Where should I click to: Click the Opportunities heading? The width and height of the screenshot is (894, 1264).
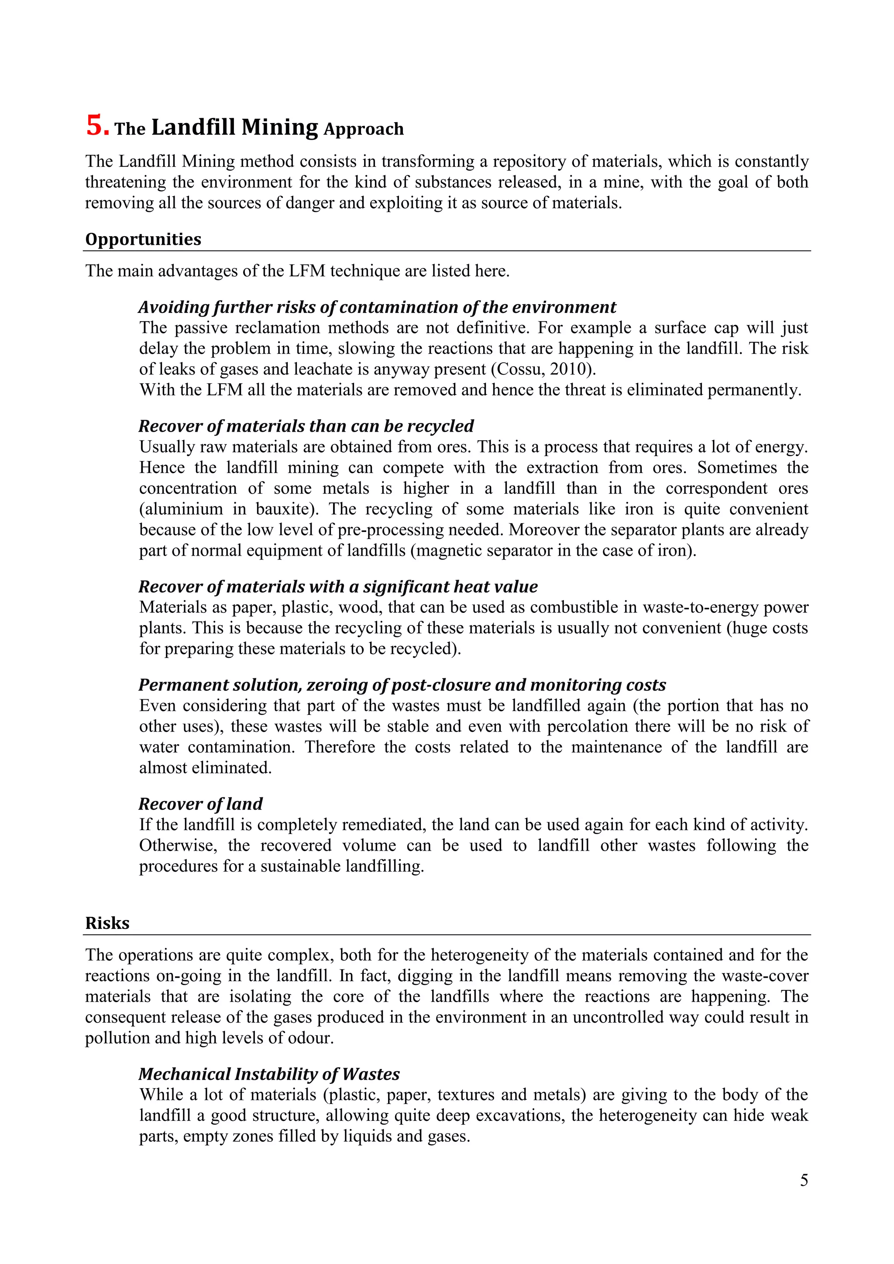point(143,240)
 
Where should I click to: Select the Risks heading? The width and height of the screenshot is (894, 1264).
point(107,923)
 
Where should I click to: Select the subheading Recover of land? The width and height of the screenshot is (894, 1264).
point(200,804)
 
